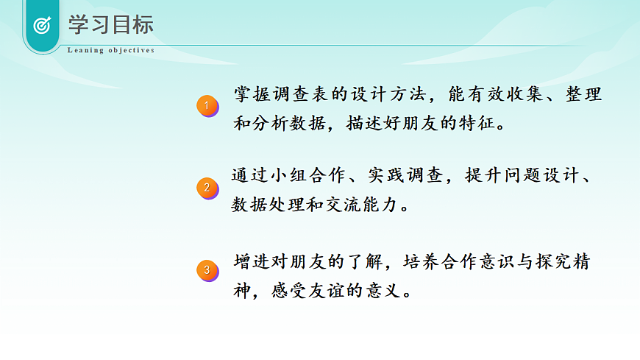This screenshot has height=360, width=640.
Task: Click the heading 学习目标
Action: [x=111, y=24]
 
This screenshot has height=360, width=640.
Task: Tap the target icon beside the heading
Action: [x=43, y=25]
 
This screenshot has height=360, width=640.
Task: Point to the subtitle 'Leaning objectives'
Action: [x=111, y=51]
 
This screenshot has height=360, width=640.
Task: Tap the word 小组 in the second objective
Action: [x=292, y=177]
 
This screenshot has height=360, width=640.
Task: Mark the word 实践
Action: [x=388, y=177]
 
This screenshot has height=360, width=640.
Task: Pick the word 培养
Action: [x=427, y=261]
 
